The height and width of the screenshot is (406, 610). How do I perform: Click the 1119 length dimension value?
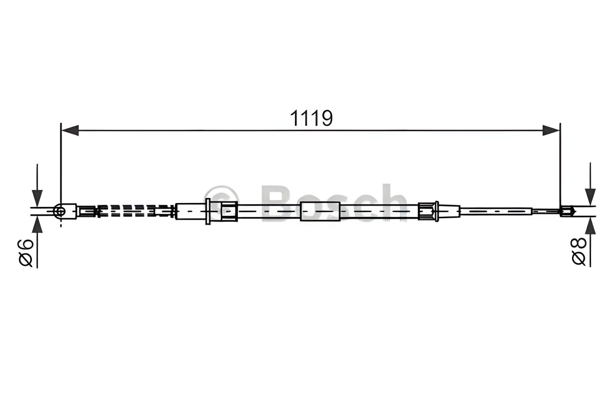[x=311, y=118]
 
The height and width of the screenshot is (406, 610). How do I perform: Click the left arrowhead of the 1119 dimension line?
[x=70, y=130]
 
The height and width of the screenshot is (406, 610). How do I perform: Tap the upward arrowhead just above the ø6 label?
[x=37, y=225]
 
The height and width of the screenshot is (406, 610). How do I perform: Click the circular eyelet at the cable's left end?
[x=60, y=211]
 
